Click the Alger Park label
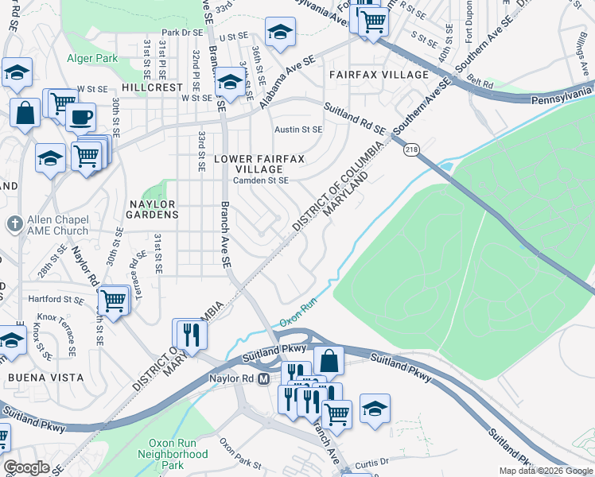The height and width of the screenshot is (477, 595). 92,58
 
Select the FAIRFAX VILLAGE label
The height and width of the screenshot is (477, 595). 379,75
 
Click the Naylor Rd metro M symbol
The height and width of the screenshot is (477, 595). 265,379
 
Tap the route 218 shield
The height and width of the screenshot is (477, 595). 410,149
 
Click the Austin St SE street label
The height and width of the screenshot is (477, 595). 298,129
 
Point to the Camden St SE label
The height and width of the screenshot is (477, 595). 260,180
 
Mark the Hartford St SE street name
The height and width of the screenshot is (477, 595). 56,300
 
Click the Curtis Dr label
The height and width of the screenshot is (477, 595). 371,461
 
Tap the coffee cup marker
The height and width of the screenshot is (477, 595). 80,118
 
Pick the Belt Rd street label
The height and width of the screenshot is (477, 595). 481,82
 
